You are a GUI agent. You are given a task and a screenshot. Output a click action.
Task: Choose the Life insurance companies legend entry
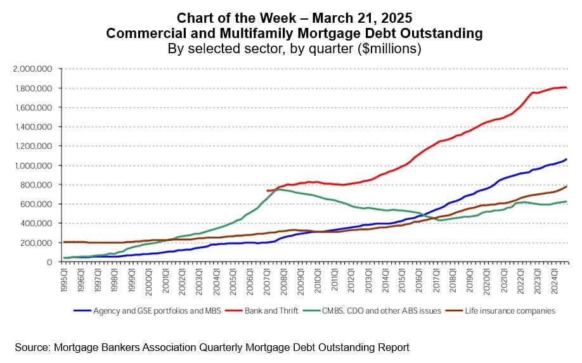510,310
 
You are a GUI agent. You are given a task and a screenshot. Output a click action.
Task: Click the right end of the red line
566,88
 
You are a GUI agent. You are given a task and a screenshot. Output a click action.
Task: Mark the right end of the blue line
566,159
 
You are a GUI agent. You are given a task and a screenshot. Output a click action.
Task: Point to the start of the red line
267,191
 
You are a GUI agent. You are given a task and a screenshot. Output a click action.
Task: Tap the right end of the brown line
566,186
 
